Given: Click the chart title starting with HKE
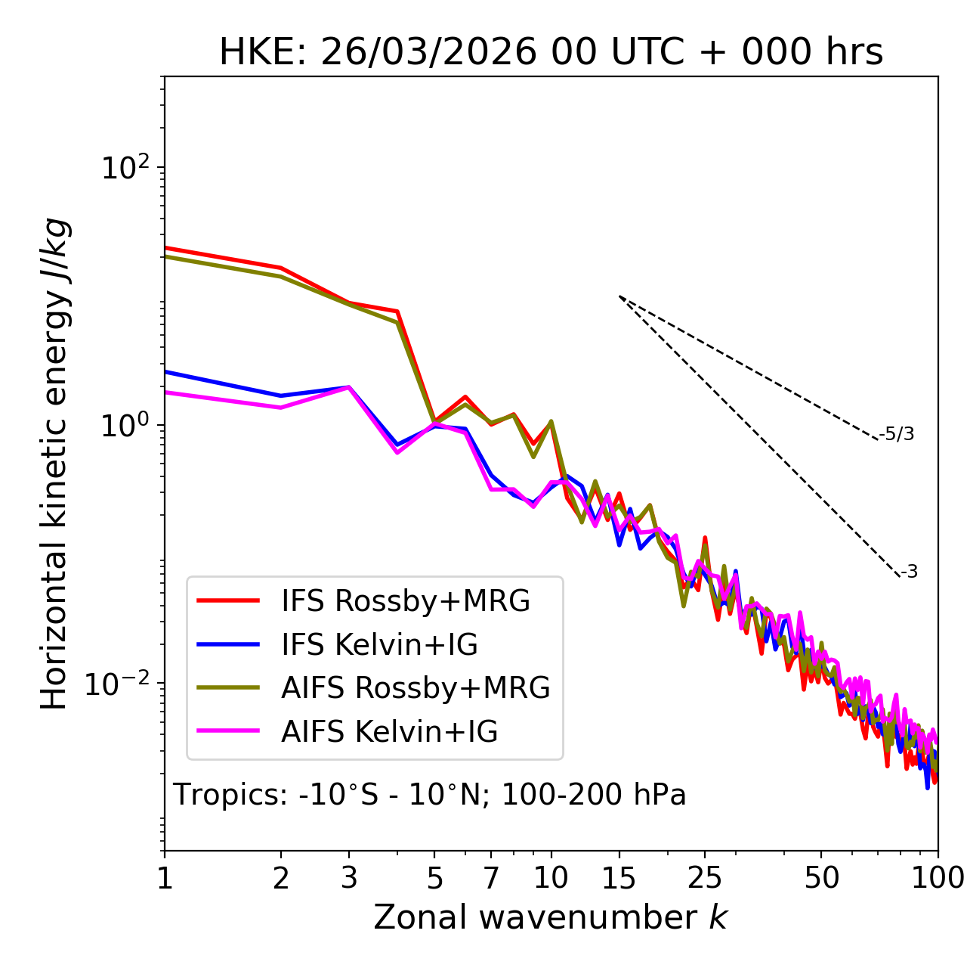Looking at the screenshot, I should click(551, 53).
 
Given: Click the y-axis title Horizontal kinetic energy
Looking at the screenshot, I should click(55, 464).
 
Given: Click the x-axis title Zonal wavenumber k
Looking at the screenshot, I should click(550, 917).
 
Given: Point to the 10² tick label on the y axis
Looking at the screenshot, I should click(125, 167).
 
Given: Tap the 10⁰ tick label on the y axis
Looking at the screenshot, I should click(125, 425).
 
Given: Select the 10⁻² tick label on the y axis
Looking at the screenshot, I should click(121, 684).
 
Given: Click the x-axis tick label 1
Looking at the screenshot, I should click(165, 878).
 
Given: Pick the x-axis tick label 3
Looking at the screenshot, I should click(349, 878).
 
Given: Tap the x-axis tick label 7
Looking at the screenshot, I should click(491, 878).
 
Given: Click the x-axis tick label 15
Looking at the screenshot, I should click(619, 878).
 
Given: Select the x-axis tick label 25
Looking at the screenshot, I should click(705, 878).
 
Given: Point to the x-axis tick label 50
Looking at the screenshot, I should click(821, 878).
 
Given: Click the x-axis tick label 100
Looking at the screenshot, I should click(938, 878).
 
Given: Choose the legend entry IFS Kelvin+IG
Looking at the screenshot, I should click(379, 644).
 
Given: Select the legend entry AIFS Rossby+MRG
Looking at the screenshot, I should click(416, 688).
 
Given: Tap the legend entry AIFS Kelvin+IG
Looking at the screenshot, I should click(389, 732).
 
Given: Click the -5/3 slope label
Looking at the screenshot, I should click(897, 435).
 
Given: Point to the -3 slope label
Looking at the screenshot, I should click(909, 572).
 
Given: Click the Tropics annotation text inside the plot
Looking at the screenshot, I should click(430, 795).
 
